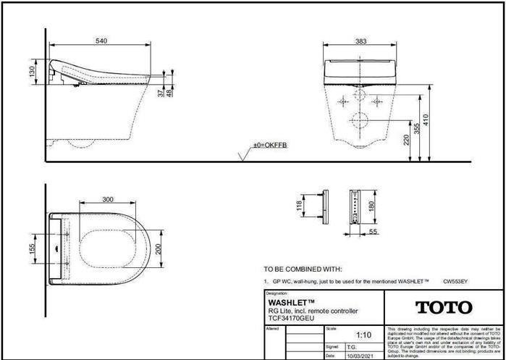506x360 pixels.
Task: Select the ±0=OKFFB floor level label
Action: [x=269, y=146]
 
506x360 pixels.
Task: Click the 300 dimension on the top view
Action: [x=108, y=199]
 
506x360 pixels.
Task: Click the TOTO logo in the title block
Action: [x=444, y=307]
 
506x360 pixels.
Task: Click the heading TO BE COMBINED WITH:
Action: [x=303, y=268]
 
